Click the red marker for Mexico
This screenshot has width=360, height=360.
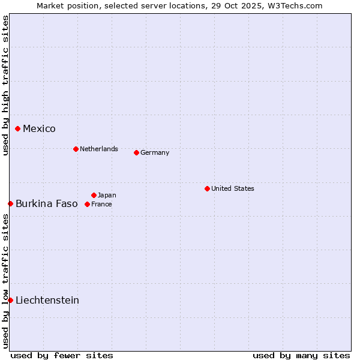(18, 128)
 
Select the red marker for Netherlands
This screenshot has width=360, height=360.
(76, 149)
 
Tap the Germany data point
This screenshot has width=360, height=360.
(136, 152)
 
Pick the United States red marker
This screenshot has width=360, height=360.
(207, 188)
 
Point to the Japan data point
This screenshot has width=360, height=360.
(94, 195)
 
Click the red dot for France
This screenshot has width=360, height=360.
(88, 204)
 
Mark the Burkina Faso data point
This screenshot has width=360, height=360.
(10, 203)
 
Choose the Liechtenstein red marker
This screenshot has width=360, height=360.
(10, 300)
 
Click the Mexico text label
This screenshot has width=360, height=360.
(39, 129)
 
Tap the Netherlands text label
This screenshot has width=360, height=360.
(99, 149)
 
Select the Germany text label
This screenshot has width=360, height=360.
(155, 152)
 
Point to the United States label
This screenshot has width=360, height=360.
(233, 188)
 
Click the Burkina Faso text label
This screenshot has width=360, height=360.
(47, 204)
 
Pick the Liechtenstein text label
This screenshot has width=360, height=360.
(47, 301)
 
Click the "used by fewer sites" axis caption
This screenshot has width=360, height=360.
(62, 355)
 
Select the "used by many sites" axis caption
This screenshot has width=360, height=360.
(301, 355)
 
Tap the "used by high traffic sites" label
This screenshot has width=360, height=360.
(5, 85)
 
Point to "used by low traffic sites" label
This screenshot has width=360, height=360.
(5, 281)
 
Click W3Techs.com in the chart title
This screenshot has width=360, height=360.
(295, 5)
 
